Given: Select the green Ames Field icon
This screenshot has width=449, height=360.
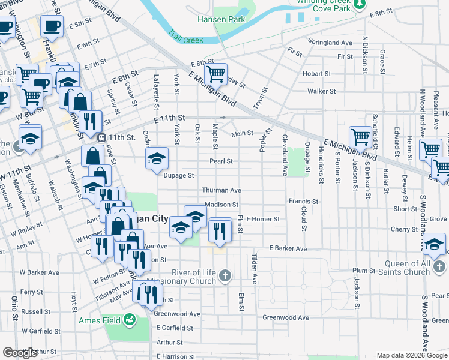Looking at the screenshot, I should [129, 320].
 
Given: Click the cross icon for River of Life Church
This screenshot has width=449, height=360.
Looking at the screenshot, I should [225, 276].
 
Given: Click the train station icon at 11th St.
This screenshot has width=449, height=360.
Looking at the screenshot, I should [102, 137].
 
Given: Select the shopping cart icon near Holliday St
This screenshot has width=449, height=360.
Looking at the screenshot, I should [215, 74].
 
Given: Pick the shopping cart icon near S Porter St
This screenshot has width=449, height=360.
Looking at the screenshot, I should [360, 136].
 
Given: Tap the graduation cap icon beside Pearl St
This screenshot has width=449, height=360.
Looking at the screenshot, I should [157, 158].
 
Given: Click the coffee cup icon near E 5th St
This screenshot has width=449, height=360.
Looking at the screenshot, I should [52, 26].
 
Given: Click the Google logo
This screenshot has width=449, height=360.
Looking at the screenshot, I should [20, 352].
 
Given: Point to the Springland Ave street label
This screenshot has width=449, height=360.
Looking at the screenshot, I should [330, 43].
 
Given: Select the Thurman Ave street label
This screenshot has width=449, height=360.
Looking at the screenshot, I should [221, 190].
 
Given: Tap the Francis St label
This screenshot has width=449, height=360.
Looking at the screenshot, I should [303, 202].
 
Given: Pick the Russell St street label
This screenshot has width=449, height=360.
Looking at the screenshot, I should [31, 311].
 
